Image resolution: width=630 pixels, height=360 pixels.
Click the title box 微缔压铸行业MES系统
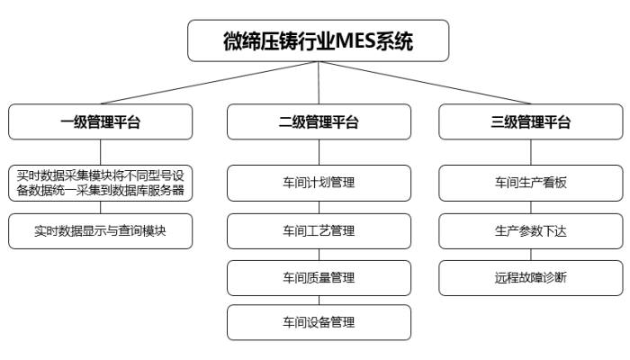pos(318,41)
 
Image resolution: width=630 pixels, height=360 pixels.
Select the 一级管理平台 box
pos(101,122)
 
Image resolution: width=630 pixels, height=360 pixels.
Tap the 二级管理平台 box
pos(319,122)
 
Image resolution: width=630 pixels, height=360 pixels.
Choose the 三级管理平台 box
pos(530,122)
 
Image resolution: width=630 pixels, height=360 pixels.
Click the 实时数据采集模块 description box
pos(101,183)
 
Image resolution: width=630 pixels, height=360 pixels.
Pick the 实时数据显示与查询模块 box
pos(101,230)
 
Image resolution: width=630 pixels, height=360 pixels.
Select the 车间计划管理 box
pos(319,183)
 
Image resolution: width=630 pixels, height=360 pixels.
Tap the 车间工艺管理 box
pos(319,230)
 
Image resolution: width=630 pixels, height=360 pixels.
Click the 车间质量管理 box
pos(319,277)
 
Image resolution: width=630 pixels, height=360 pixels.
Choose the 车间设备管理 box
pos(319,322)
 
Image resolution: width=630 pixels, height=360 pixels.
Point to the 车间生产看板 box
pos(530,183)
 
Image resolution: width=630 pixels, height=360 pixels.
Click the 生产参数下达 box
pos(530,230)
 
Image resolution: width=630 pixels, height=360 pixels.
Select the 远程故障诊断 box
pos(530,277)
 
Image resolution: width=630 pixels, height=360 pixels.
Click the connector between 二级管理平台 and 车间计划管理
pos(319,152)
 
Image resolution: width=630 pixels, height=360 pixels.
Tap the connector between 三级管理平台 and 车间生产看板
pos(530,152)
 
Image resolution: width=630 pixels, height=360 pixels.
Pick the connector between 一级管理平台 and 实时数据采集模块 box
pos(101,152)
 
